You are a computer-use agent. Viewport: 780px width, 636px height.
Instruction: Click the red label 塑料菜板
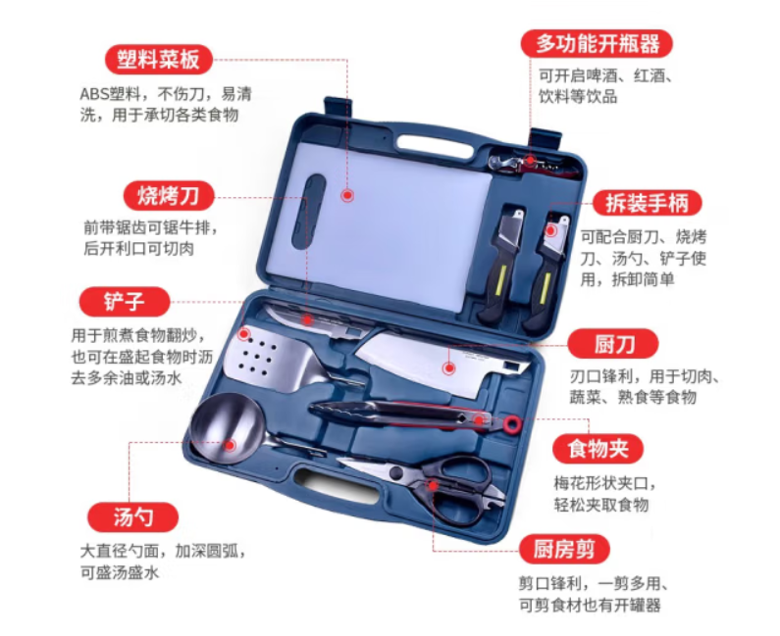click(158, 60)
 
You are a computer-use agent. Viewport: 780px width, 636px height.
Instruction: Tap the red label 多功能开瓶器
click(597, 44)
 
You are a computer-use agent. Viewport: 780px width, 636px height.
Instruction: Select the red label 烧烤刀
click(169, 196)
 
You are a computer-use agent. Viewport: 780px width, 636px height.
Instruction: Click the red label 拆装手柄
click(647, 203)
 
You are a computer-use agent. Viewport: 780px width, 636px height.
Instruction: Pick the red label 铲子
click(125, 302)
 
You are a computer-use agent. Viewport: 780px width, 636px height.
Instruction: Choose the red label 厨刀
click(613, 344)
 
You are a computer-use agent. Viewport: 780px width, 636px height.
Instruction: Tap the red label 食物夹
click(598, 449)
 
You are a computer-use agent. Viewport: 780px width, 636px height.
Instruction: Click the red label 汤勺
click(132, 517)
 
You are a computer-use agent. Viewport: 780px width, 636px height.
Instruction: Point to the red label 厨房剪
click(564, 549)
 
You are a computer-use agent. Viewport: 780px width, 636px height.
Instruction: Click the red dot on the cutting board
click(347, 195)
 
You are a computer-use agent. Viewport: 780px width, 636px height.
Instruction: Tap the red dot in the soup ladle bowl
click(230, 445)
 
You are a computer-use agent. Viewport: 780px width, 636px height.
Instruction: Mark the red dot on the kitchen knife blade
click(449, 368)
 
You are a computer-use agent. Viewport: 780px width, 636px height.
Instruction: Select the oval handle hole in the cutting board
click(309, 211)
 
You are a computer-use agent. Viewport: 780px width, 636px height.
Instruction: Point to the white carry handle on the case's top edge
click(435, 145)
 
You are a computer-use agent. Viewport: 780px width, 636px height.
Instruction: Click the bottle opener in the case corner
click(533, 165)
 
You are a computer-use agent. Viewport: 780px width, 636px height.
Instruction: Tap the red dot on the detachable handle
click(550, 230)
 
